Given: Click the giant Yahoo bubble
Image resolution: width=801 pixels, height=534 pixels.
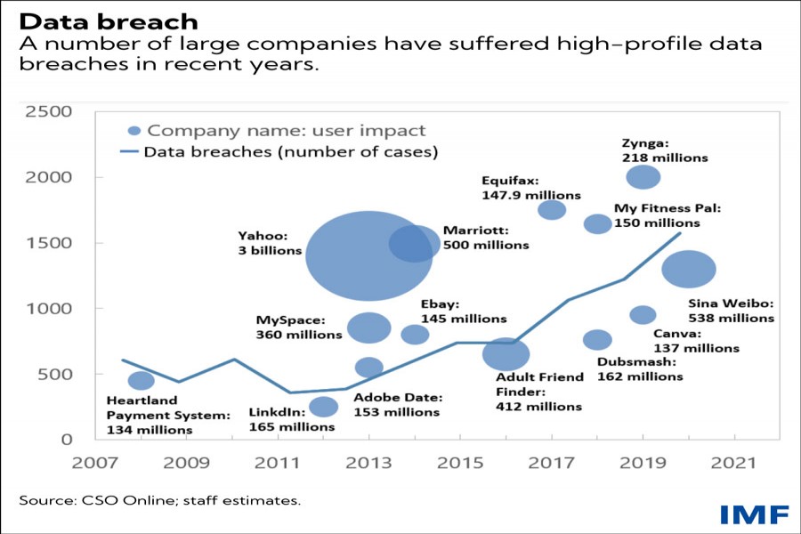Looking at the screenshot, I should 368,256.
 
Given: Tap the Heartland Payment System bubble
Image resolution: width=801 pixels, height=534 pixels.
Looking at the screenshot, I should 141,380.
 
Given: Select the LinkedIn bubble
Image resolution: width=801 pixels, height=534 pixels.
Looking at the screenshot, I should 323,407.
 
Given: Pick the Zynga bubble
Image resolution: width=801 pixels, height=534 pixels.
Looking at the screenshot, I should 643,177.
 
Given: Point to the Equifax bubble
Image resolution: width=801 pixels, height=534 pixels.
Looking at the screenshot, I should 552,209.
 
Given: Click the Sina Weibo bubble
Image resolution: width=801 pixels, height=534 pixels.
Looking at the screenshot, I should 689,269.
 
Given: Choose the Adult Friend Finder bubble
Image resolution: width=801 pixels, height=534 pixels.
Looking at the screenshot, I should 506,354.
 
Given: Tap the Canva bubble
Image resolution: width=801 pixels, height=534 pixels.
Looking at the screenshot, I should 643,315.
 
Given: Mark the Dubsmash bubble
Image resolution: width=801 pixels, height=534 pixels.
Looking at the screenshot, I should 597,339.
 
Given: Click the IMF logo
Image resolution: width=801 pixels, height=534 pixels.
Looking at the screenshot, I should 754,514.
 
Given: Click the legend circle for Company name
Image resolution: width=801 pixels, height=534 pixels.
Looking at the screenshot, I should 134,130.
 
